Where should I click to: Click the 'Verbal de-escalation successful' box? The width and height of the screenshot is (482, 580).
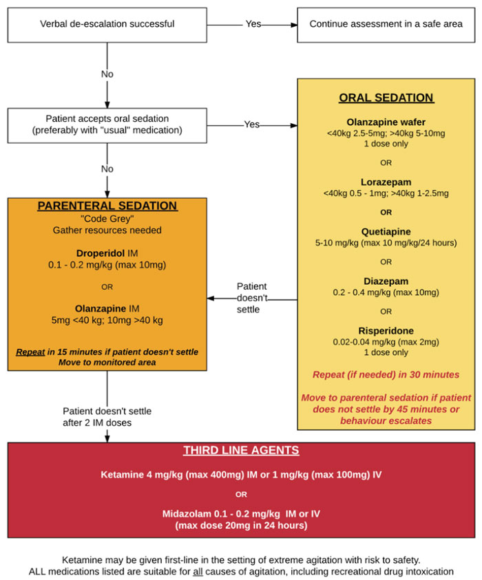click(x=107, y=24)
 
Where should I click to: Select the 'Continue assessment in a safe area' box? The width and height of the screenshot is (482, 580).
click(x=386, y=24)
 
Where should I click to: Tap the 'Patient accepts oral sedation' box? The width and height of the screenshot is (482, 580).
click(x=107, y=125)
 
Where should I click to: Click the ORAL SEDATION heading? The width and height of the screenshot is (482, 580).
click(x=386, y=98)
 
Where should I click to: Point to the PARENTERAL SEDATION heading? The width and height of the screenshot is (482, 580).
click(x=107, y=206)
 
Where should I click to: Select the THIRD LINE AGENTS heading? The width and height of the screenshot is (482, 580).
click(x=241, y=451)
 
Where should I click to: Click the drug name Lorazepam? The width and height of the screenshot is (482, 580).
click(x=386, y=182)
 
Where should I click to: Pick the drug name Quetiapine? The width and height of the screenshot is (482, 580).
click(x=386, y=232)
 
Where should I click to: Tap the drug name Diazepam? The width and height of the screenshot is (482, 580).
click(x=386, y=281)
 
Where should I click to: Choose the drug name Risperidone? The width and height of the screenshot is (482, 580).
click(x=386, y=330)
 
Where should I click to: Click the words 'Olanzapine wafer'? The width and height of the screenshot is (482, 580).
click(x=386, y=122)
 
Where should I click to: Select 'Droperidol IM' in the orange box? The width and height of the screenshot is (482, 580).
click(x=107, y=253)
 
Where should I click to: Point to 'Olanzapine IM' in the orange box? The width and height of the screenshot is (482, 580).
click(x=107, y=308)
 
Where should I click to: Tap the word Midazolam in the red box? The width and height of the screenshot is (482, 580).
click(x=186, y=514)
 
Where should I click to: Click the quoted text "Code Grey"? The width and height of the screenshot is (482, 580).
click(x=107, y=217)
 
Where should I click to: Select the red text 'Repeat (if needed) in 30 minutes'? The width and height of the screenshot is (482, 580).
click(x=386, y=375)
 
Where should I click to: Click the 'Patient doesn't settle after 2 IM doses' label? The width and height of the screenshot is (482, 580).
click(x=107, y=417)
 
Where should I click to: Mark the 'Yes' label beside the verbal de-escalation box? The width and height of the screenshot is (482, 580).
click(x=253, y=24)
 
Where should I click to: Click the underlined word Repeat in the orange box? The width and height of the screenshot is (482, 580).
click(x=29, y=352)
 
